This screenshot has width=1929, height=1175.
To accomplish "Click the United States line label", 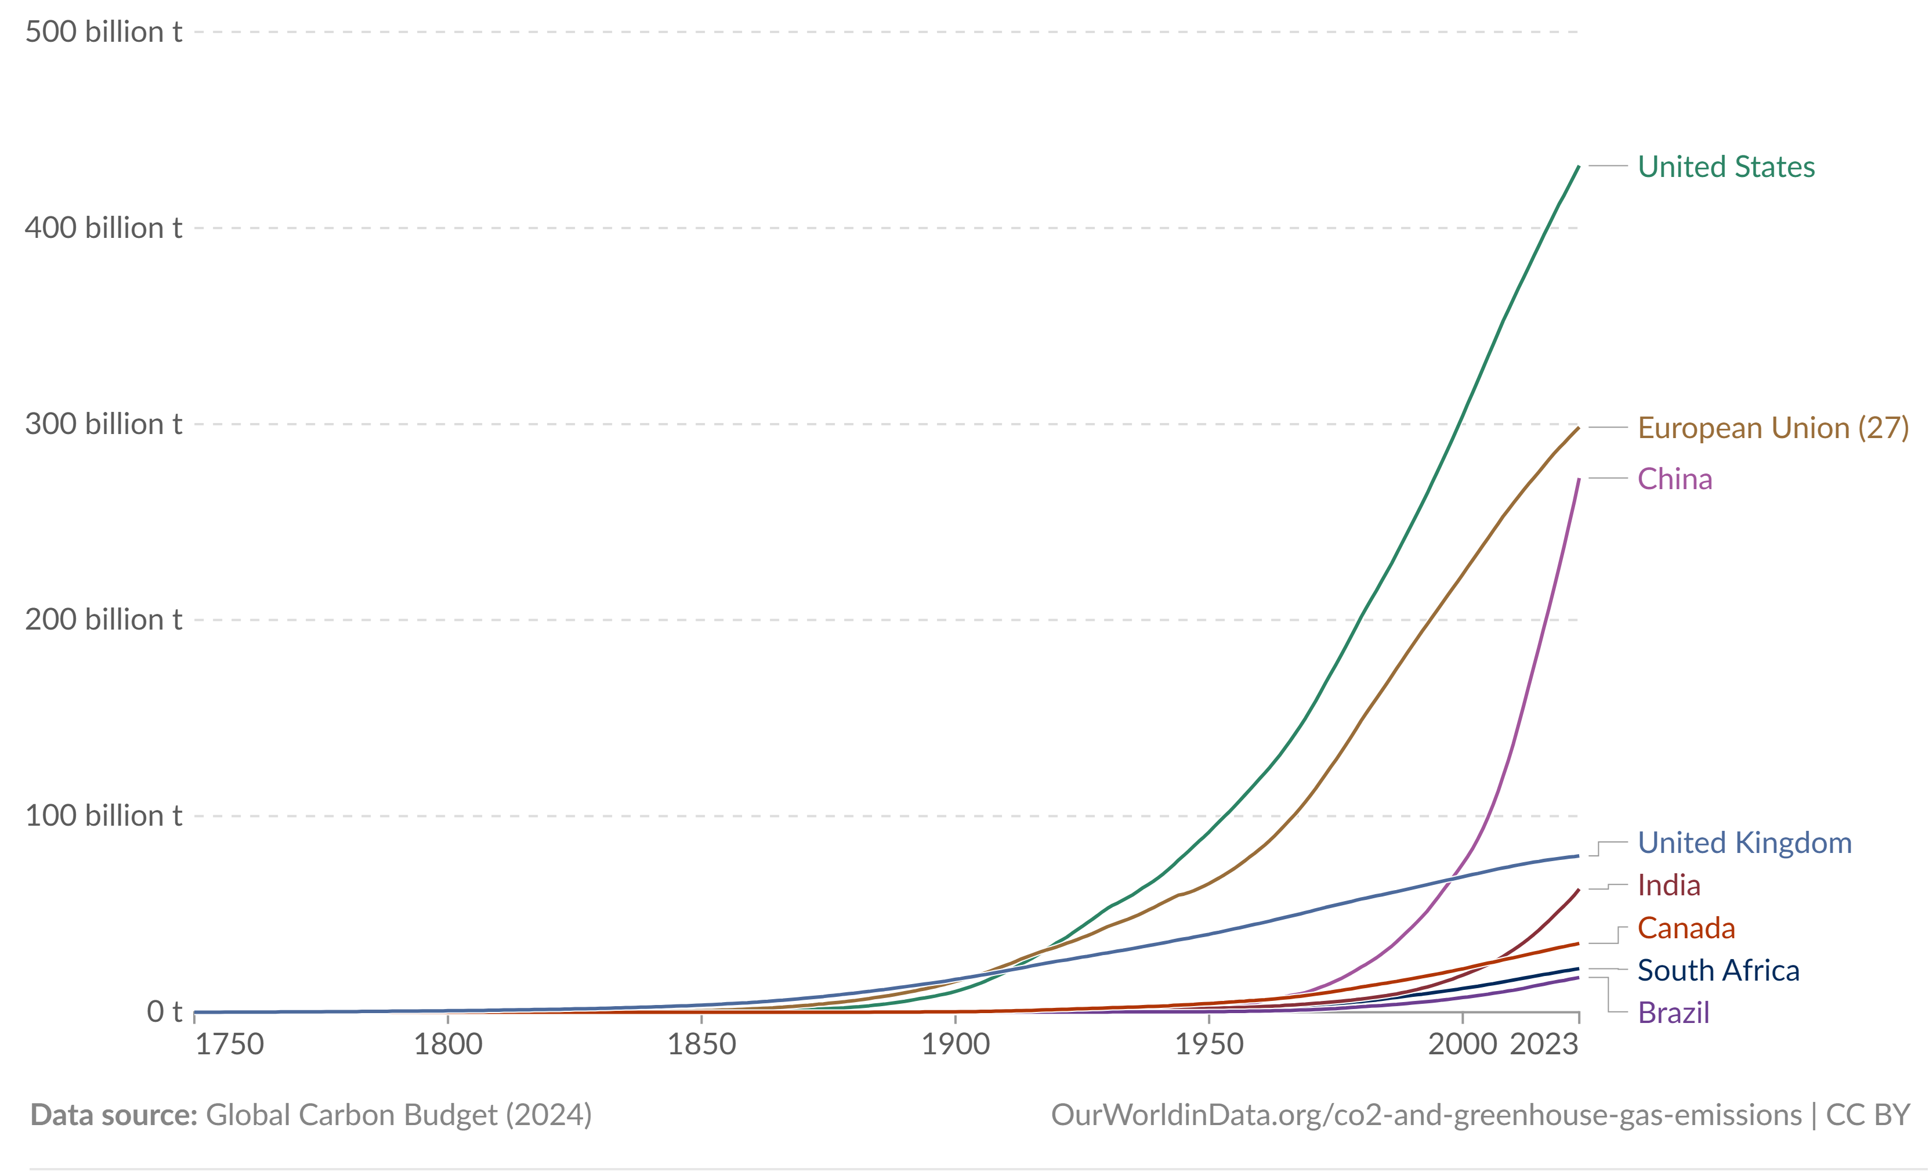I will pyautogui.click(x=1725, y=167).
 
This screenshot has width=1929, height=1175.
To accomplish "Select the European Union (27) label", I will pyautogui.click(x=1773, y=428).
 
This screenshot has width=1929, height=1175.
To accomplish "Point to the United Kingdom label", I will pyautogui.click(x=1745, y=843).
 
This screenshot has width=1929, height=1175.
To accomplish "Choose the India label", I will pyautogui.click(x=1669, y=885).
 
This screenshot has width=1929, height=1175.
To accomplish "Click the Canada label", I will pyautogui.click(x=1685, y=928).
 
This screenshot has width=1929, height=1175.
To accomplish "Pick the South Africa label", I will pyautogui.click(x=1718, y=971).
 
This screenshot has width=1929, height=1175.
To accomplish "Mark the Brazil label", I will pyautogui.click(x=1673, y=1013).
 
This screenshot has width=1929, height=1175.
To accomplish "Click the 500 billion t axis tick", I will pyautogui.click(x=103, y=32).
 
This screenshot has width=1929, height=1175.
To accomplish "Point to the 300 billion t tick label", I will pyautogui.click(x=103, y=424).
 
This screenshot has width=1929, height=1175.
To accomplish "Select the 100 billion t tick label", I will pyautogui.click(x=103, y=816).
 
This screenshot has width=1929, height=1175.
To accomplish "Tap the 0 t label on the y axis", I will pyautogui.click(x=164, y=1011).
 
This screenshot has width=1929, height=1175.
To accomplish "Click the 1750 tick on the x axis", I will pyautogui.click(x=229, y=1044).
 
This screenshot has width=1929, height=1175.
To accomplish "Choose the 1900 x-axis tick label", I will pyautogui.click(x=955, y=1044).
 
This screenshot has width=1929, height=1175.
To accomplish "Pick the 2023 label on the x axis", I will pyautogui.click(x=1543, y=1044).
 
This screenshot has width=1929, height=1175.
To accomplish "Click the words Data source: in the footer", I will pyautogui.click(x=114, y=1115).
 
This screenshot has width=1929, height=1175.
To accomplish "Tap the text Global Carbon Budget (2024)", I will pyautogui.click(x=399, y=1115).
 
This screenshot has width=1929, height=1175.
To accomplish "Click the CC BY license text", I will pyautogui.click(x=1868, y=1115).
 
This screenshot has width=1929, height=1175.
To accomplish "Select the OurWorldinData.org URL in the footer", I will pyautogui.click(x=1425, y=1115).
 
